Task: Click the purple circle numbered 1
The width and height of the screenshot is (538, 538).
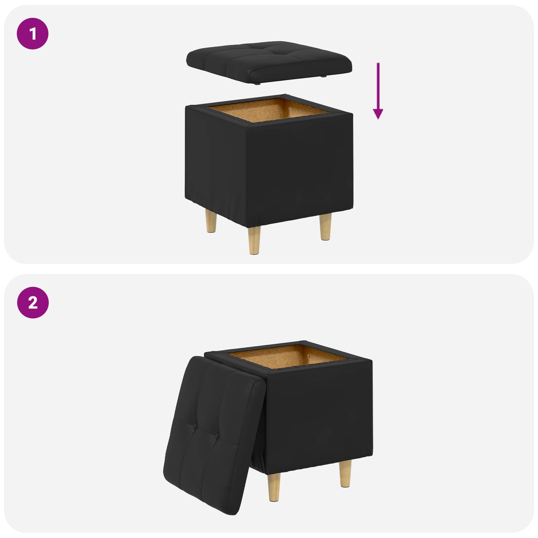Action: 33,34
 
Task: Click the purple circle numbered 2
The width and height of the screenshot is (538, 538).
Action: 33,302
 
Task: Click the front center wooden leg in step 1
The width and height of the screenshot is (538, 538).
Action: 254,240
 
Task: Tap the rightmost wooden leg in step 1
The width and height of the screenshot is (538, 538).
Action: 325,227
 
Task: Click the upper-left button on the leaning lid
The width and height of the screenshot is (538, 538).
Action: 195,426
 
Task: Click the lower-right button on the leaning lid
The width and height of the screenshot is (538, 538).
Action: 217,436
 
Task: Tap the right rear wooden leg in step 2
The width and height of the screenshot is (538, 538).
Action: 345,473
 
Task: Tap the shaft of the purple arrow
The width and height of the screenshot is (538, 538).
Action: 378,84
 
